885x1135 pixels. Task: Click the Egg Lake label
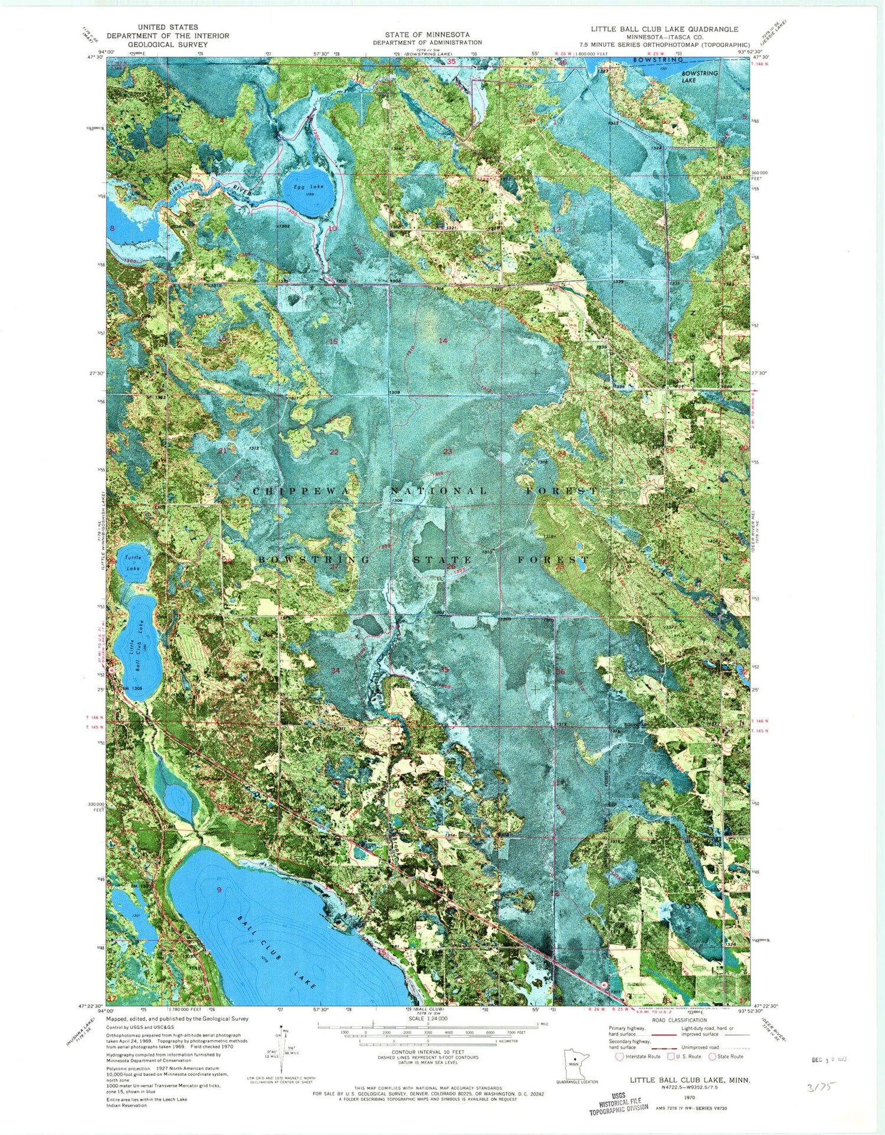coord(311,186)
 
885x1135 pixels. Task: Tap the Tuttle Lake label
coord(133,563)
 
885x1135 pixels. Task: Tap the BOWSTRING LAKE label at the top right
coord(700,77)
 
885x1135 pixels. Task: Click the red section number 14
coord(442,341)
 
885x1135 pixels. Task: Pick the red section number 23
coord(447,451)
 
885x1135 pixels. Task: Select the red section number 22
coord(334,452)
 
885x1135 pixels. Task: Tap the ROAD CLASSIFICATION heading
coord(679,1020)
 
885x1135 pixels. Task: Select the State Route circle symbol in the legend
coord(712,1057)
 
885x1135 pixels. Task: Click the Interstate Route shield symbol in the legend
coord(619,1057)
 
